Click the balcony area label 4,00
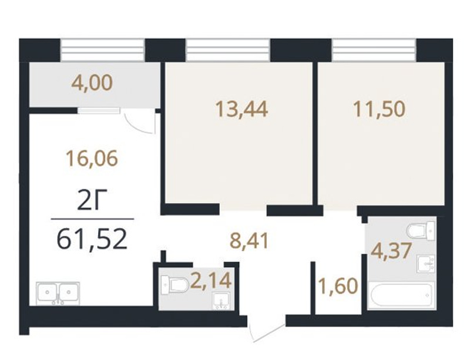tap(92, 83)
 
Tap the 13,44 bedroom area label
tap(241, 109)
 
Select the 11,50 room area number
tap(379, 109)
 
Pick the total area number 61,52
tap(92, 240)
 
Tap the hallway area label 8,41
tap(249, 241)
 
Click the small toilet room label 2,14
tap(211, 281)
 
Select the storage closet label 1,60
tap(338, 286)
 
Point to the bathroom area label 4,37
tap(391, 251)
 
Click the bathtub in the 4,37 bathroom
tap(401, 294)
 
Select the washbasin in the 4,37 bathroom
tap(425, 264)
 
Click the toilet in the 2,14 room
tap(174, 285)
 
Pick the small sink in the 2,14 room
tap(221, 301)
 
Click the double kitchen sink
tap(58, 293)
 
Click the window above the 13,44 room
tap(228, 50)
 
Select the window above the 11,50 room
tap(374, 50)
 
